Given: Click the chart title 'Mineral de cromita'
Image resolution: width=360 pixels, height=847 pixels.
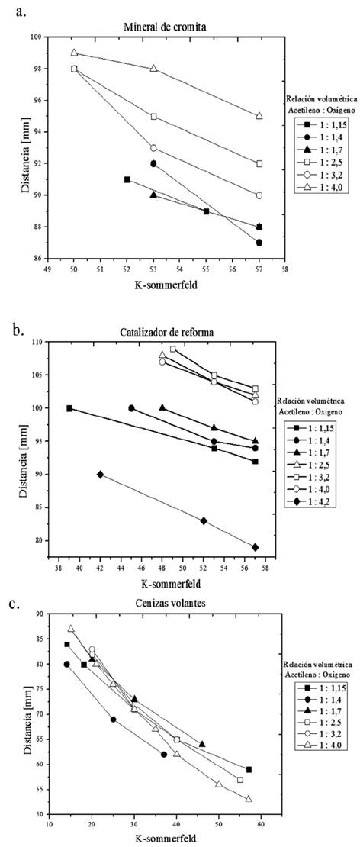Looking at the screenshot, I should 166,27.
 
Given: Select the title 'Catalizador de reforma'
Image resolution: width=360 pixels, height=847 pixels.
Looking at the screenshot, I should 166,332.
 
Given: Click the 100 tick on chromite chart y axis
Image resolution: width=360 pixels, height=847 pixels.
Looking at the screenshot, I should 39,37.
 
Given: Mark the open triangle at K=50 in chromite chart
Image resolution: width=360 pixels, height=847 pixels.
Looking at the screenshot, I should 74,53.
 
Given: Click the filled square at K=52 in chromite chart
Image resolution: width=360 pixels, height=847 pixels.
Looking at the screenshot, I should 127,179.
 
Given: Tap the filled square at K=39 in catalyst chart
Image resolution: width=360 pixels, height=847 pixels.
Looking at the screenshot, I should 69,408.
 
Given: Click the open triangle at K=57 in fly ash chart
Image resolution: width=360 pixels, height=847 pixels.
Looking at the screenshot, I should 249,799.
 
